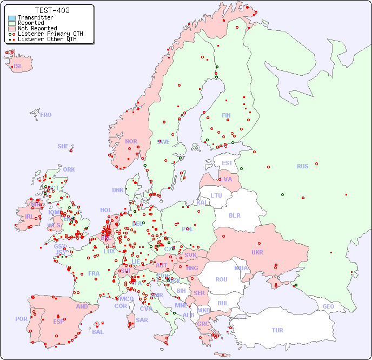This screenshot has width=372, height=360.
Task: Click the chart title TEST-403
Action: [x=52, y=10]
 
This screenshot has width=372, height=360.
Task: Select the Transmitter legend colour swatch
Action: [x=12, y=18]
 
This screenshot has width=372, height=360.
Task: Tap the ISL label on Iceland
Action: [x=18, y=67]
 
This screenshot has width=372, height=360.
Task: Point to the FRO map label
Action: [x=46, y=115]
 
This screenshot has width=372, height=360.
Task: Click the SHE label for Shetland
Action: [x=63, y=146]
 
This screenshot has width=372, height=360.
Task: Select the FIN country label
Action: [x=226, y=115]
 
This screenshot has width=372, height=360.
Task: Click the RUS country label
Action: [x=302, y=166]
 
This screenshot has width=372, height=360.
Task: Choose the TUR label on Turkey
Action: [x=277, y=330]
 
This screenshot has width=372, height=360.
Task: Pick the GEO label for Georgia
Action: [x=328, y=306]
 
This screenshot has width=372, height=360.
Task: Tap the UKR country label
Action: [x=257, y=252]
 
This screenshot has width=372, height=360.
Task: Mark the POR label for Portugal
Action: [x=21, y=319]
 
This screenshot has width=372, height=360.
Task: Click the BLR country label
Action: [x=235, y=215]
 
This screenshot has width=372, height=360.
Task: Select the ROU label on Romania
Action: [x=221, y=279]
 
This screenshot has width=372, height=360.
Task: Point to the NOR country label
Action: [x=131, y=141]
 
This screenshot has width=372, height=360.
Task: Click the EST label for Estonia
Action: [x=227, y=163]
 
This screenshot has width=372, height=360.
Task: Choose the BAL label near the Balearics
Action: [x=97, y=332]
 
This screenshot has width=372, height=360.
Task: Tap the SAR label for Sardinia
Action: [x=142, y=320]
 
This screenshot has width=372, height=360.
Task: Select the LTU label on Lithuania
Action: [x=216, y=195]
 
